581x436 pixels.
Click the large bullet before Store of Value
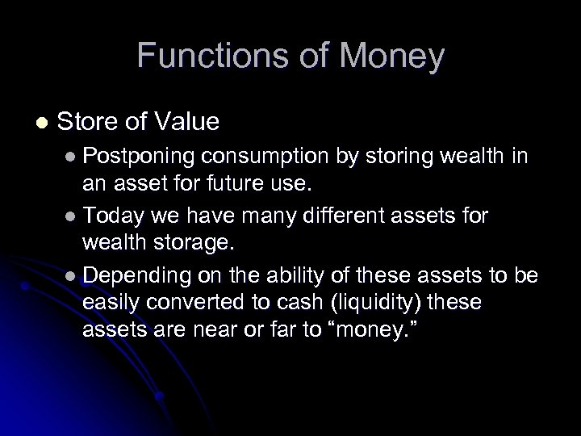(x=40, y=122)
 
